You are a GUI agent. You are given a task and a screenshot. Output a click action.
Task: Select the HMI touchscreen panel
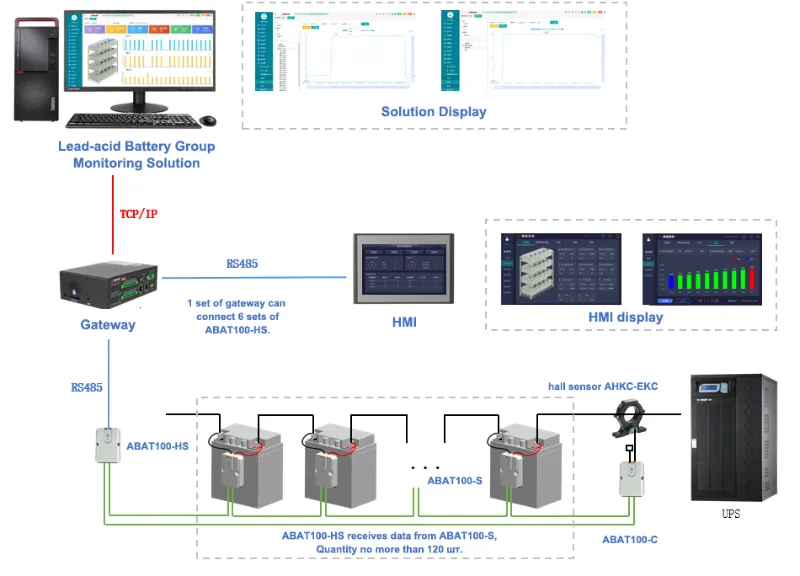pos(405,268)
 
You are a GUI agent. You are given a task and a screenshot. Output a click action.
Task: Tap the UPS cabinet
pos(734,436)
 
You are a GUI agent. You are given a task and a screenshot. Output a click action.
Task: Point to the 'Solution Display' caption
pos(433,112)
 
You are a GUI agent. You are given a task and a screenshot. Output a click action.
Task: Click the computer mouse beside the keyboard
pos(208,121)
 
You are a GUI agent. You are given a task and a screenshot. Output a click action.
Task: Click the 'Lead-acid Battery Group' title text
pos(136,146)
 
